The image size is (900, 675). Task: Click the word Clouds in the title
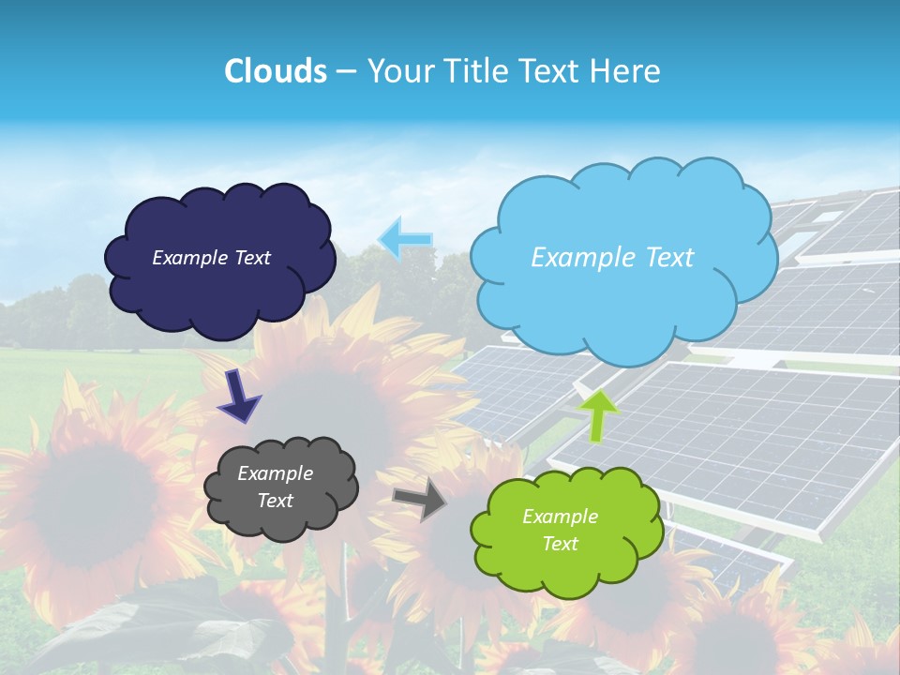(x=276, y=71)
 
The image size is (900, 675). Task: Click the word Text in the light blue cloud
(x=663, y=258)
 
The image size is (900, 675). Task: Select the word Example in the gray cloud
(x=275, y=473)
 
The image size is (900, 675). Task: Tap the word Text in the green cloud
(x=560, y=544)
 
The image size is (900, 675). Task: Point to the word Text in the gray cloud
(x=275, y=501)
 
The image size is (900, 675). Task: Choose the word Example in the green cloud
(x=560, y=517)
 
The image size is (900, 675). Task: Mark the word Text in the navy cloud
(x=251, y=258)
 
